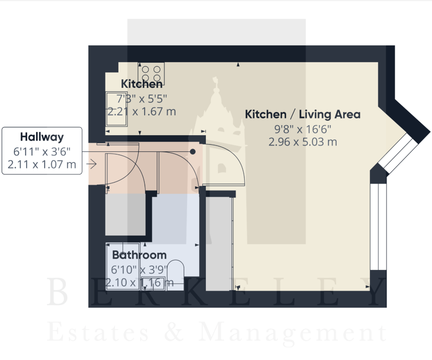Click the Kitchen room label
pyautogui.click(x=141, y=84)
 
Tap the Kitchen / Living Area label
pyautogui.click(x=303, y=114)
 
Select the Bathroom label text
pyautogui.click(x=139, y=255)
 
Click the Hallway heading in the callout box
pyautogui.click(x=42, y=137)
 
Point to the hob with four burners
pyautogui.click(x=151, y=73)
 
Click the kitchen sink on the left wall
pyautogui.click(x=117, y=109)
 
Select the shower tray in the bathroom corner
pyautogui.click(x=123, y=266)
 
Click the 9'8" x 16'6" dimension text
pyautogui.click(x=303, y=129)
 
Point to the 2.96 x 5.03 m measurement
pyautogui.click(x=303, y=142)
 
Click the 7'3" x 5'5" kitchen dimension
pyautogui.click(x=141, y=98)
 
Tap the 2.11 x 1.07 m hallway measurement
pyautogui.click(x=42, y=164)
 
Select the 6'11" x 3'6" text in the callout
pyautogui.click(x=42, y=151)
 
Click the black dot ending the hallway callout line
pyautogui.click(x=193, y=151)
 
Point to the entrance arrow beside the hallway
pyautogui.click(x=91, y=164)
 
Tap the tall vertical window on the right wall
pyautogui.click(x=378, y=227)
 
